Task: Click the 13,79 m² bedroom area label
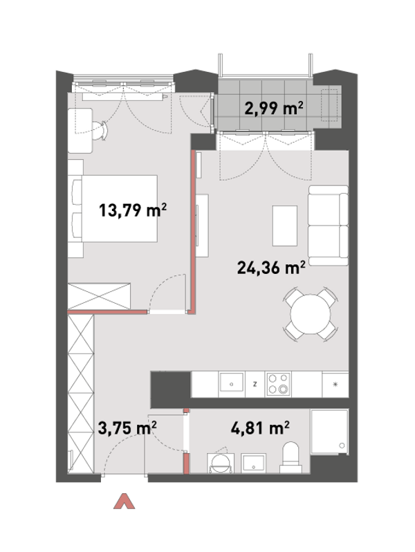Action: pyautogui.click(x=132, y=210)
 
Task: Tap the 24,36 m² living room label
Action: pyautogui.click(x=270, y=268)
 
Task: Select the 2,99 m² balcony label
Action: pyautogui.click(x=274, y=108)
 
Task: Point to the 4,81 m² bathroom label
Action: pyautogui.click(x=260, y=427)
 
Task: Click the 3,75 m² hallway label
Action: pyautogui.click(x=127, y=428)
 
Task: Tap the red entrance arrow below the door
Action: pyautogui.click(x=124, y=502)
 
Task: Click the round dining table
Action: pyautogui.click(x=311, y=314)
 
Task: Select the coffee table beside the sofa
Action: pyautogui.click(x=285, y=226)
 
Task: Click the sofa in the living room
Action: pyautogui.click(x=328, y=226)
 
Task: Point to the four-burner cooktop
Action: pyautogui.click(x=279, y=384)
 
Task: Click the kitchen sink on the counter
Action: pyautogui.click(x=231, y=383)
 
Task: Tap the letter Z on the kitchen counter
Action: pyautogui.click(x=255, y=384)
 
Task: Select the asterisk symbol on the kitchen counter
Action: pyautogui.click(x=335, y=384)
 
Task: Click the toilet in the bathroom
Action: pyautogui.click(x=290, y=458)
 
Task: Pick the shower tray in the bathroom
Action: pyautogui.click(x=329, y=432)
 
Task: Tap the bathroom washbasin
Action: pyautogui.click(x=253, y=463)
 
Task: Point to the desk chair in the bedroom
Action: pyautogui.click(x=100, y=130)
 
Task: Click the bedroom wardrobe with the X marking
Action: pyautogui.click(x=99, y=297)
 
